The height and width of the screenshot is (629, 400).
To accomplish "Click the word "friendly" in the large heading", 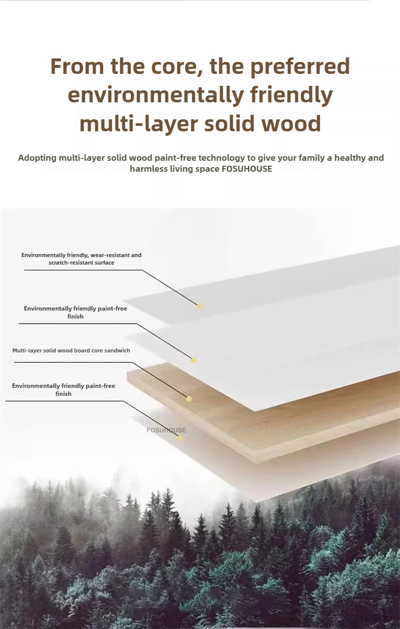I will tap(290, 95).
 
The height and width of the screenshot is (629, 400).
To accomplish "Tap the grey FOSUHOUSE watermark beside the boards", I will tap(166, 430).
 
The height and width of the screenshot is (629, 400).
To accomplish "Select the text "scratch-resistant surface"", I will tap(81, 263).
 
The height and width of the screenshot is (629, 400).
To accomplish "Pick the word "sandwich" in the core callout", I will tap(118, 350).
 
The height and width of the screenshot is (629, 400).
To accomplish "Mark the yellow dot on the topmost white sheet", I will tap(199, 306).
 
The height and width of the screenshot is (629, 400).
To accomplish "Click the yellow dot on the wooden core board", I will tap(188, 398).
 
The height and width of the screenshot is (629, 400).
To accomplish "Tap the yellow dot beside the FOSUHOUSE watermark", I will tap(180, 438).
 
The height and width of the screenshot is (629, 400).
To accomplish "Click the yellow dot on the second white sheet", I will tap(194, 360).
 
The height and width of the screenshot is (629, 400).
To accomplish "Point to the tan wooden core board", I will tap(280, 424).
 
